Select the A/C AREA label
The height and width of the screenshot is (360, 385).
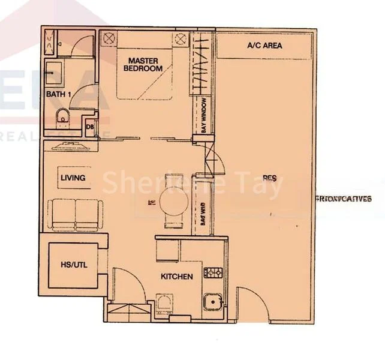point(264,46)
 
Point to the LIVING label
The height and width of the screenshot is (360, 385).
point(73,178)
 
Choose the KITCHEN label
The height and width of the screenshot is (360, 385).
point(176,277)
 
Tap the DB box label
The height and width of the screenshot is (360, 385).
point(89,127)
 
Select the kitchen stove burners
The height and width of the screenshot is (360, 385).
point(213,273)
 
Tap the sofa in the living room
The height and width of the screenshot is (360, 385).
point(76,215)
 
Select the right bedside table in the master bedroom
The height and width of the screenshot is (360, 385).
point(181,39)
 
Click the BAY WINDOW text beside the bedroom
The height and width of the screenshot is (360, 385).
point(204,115)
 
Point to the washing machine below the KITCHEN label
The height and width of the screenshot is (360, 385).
point(164,302)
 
